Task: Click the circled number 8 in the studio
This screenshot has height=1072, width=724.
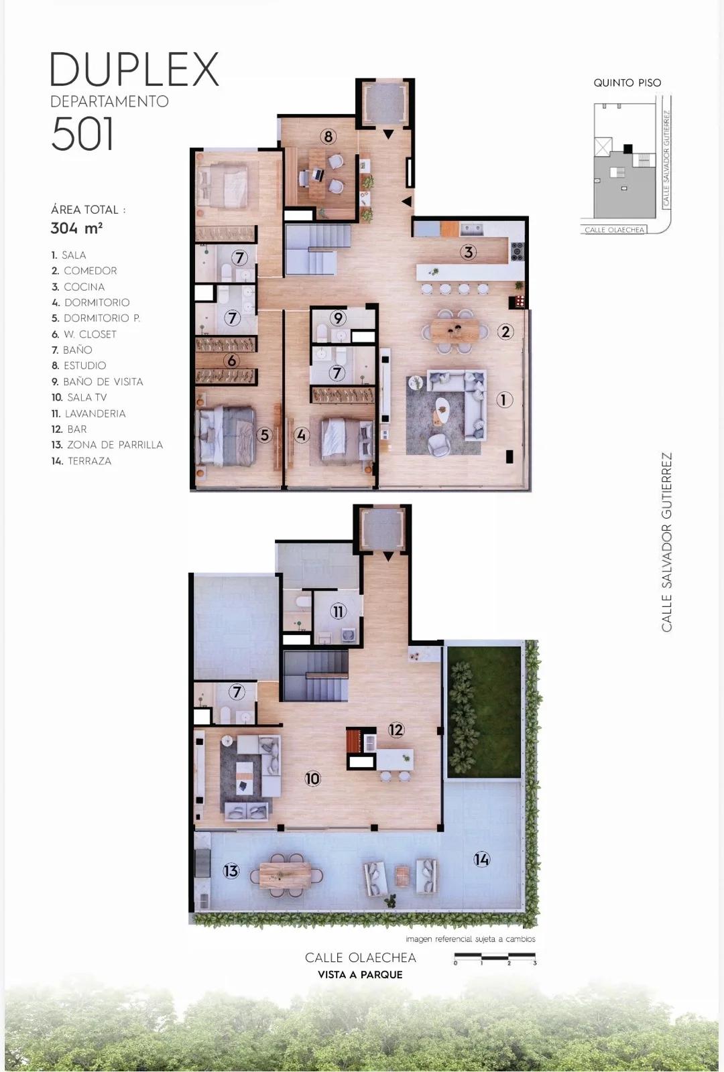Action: (328, 137)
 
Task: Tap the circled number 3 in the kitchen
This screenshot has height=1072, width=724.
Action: (469, 252)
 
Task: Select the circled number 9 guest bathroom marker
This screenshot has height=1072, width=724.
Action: (338, 318)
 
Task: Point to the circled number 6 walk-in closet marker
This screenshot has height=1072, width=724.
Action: (232, 360)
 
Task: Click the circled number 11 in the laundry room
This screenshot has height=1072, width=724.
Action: (338, 611)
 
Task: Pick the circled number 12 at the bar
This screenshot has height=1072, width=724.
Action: (396, 730)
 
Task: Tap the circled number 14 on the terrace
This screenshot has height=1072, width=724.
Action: (482, 860)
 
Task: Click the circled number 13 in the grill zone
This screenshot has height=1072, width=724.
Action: (231, 870)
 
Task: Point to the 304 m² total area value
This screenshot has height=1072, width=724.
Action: (76, 228)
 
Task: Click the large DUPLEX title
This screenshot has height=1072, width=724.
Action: (135, 70)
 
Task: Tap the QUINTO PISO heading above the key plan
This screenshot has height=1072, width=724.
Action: (627, 83)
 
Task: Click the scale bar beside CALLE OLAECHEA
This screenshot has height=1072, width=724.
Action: (495, 957)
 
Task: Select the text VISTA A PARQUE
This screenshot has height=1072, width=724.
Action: (360, 974)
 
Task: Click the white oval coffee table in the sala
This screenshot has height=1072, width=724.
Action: (443, 411)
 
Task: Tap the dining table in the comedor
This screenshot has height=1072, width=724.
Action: (455, 331)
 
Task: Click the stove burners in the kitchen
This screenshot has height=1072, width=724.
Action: (518, 252)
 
